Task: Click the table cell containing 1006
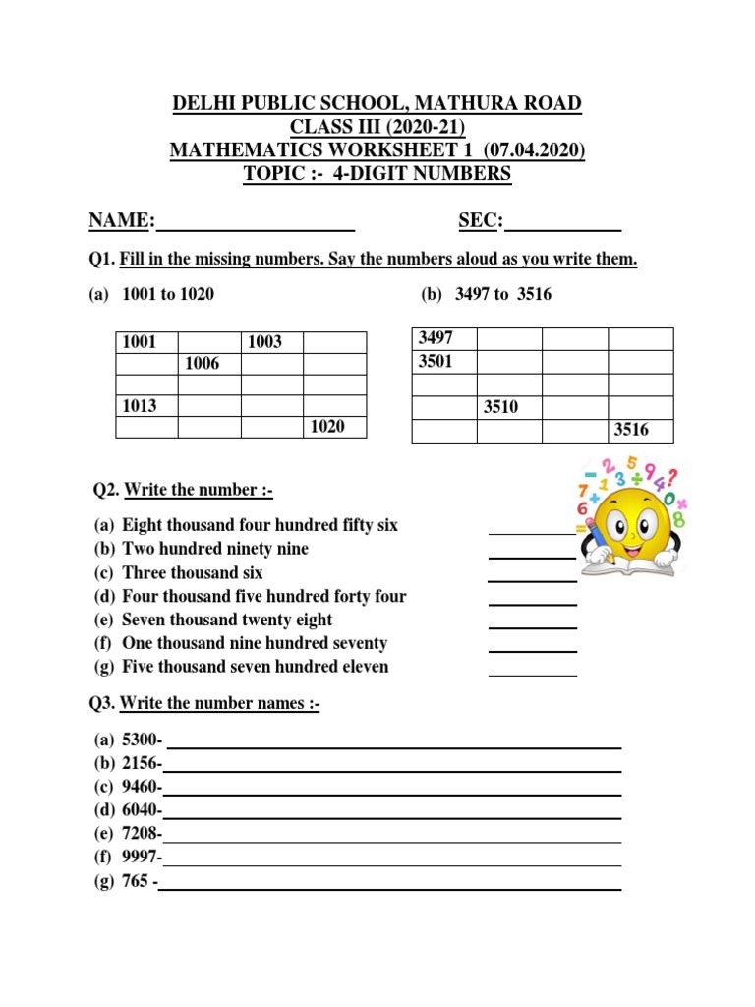pos(209,364)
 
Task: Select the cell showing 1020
pos(334,427)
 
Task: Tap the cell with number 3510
pos(508,407)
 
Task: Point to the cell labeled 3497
pos(443,338)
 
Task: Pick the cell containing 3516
pos(640,430)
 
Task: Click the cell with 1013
pos(146,406)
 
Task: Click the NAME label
pos(122,221)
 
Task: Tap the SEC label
pos(481,221)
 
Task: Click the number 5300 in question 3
pos(141,740)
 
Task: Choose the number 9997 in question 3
pos(141,858)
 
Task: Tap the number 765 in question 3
pos(137,881)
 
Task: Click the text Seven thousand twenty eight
pos(227,620)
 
